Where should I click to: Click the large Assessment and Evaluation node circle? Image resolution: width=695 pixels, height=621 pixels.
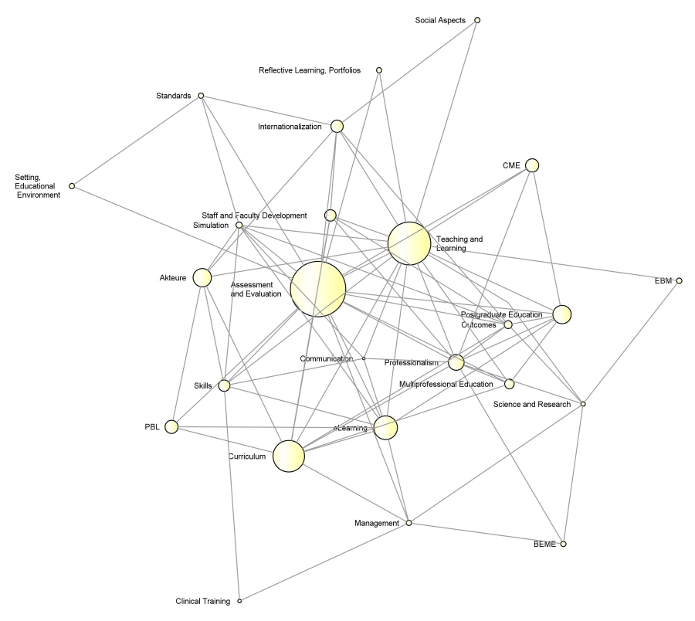(317, 289)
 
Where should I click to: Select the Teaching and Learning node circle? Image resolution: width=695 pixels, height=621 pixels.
(409, 243)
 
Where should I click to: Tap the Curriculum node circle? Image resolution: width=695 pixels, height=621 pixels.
(289, 456)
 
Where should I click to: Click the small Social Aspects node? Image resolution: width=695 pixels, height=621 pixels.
(477, 20)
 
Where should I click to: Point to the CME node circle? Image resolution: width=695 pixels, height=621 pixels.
(531, 165)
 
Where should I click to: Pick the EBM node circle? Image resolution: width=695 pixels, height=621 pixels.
(679, 280)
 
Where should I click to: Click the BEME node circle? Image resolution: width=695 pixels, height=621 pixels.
(564, 545)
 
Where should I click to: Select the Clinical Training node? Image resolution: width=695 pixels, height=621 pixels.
(239, 601)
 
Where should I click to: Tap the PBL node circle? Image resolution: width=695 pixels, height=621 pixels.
(171, 426)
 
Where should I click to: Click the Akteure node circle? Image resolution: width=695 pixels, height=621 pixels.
(202, 278)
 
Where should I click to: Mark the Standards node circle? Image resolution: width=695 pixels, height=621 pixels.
(201, 96)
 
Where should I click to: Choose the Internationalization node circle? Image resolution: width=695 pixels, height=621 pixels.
(337, 126)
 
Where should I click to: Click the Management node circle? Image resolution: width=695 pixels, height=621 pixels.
(409, 523)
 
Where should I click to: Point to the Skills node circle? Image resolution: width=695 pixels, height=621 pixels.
(225, 385)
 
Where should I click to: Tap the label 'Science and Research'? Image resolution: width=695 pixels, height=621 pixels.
(532, 404)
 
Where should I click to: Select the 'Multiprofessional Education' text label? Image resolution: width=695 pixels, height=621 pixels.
(446, 384)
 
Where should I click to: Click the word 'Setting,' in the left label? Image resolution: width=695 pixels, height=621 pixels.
(29, 177)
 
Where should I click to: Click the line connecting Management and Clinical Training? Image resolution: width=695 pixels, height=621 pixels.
(324, 562)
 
